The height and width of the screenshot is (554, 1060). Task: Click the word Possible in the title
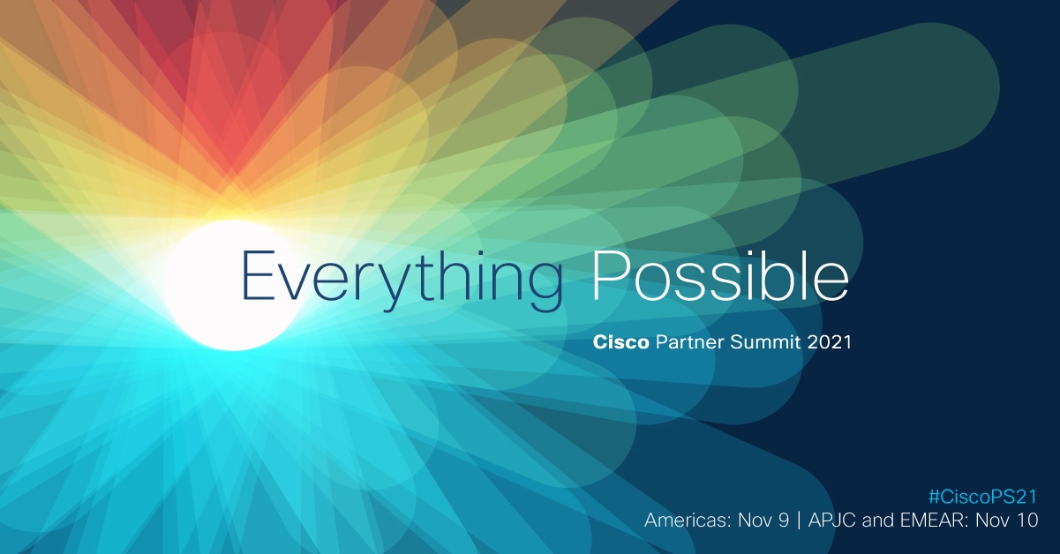719,275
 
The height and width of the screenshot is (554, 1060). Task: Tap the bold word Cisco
621,342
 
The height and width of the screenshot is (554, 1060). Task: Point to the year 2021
830,342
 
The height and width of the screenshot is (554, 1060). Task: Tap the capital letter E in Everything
257,275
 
